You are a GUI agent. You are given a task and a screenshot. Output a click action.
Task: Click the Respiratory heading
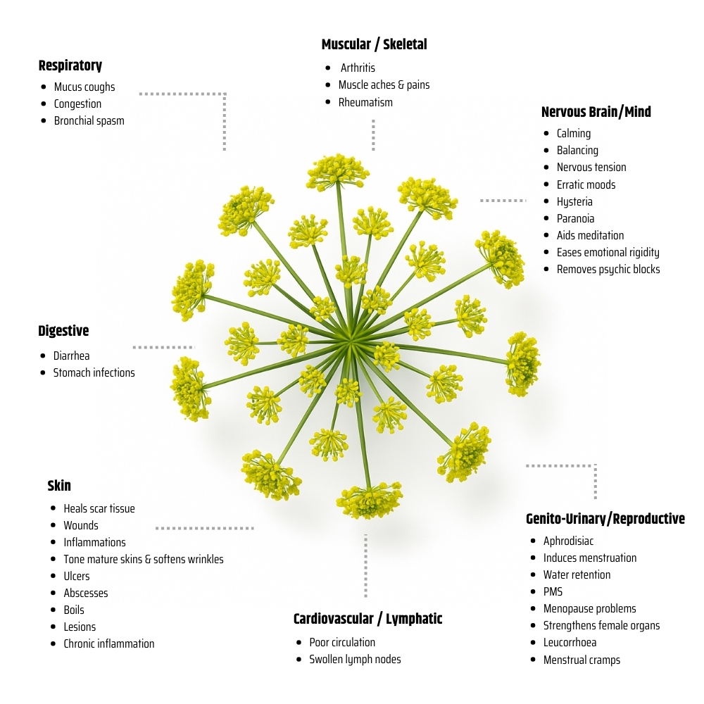pyautogui.click(x=70, y=65)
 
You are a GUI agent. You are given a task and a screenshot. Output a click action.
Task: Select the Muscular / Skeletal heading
pyautogui.click(x=374, y=44)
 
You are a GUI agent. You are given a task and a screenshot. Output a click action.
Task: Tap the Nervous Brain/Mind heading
pyautogui.click(x=596, y=112)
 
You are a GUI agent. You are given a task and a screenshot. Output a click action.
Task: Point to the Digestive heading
pyautogui.click(x=63, y=331)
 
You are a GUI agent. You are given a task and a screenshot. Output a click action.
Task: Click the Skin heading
pyautogui.click(x=59, y=486)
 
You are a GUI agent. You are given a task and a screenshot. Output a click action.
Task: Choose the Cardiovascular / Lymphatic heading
pyautogui.click(x=367, y=619)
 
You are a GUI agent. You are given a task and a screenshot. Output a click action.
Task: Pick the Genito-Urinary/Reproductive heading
pyautogui.click(x=605, y=519)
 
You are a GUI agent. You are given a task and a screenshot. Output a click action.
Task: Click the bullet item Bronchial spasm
pyautogui.click(x=89, y=121)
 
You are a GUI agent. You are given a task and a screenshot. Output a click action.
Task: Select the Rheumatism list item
pyautogui.click(x=365, y=102)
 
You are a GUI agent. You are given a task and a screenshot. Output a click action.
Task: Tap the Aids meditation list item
pyautogui.click(x=590, y=235)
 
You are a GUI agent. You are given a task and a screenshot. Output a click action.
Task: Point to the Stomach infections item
pyautogui.click(x=94, y=372)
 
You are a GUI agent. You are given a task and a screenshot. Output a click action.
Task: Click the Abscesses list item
pyautogui.click(x=86, y=593)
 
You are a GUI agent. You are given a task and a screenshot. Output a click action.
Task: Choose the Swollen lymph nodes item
pyautogui.click(x=355, y=660)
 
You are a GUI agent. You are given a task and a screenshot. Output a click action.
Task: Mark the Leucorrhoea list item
pyautogui.click(x=570, y=643)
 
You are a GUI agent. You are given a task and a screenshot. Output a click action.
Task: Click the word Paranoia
pyautogui.click(x=575, y=218)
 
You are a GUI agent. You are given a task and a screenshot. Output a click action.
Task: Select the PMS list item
pyautogui.click(x=553, y=591)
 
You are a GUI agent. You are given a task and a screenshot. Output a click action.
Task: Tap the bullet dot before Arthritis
pyautogui.click(x=328, y=68)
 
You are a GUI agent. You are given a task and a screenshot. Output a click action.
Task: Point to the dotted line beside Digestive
pyautogui.click(x=163, y=347)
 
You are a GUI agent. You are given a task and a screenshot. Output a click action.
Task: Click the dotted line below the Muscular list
pyautogui.click(x=373, y=134)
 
